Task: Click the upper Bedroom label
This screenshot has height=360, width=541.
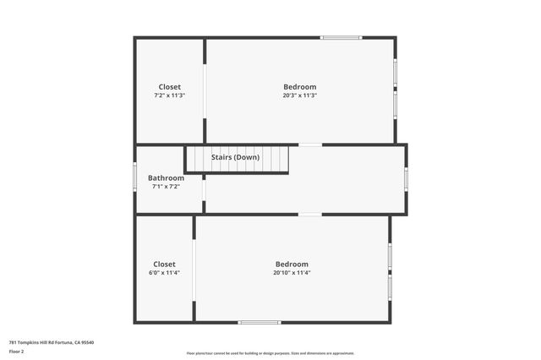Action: click(299, 87)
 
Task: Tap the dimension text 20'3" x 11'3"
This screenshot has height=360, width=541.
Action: click(299, 95)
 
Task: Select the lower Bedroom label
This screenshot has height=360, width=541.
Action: click(291, 264)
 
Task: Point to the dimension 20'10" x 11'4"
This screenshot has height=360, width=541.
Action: click(291, 273)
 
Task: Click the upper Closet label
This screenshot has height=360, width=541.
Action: click(169, 87)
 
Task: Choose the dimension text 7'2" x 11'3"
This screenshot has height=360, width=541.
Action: click(169, 95)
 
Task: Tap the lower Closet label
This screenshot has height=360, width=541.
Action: click(164, 264)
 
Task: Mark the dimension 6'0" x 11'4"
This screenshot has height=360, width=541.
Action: click(164, 273)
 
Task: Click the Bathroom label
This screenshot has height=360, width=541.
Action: click(166, 177)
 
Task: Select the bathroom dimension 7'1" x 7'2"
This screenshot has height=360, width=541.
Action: click(166, 186)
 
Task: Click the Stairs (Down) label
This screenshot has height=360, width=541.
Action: click(235, 157)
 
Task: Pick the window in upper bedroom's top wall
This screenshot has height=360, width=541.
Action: click(341, 37)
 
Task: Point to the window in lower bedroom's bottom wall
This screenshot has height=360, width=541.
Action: click(259, 322)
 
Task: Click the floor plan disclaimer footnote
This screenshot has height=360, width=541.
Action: click(270, 353)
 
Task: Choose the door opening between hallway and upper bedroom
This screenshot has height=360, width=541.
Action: click(310, 145)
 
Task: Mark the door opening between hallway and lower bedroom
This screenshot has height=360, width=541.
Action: click(310, 215)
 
